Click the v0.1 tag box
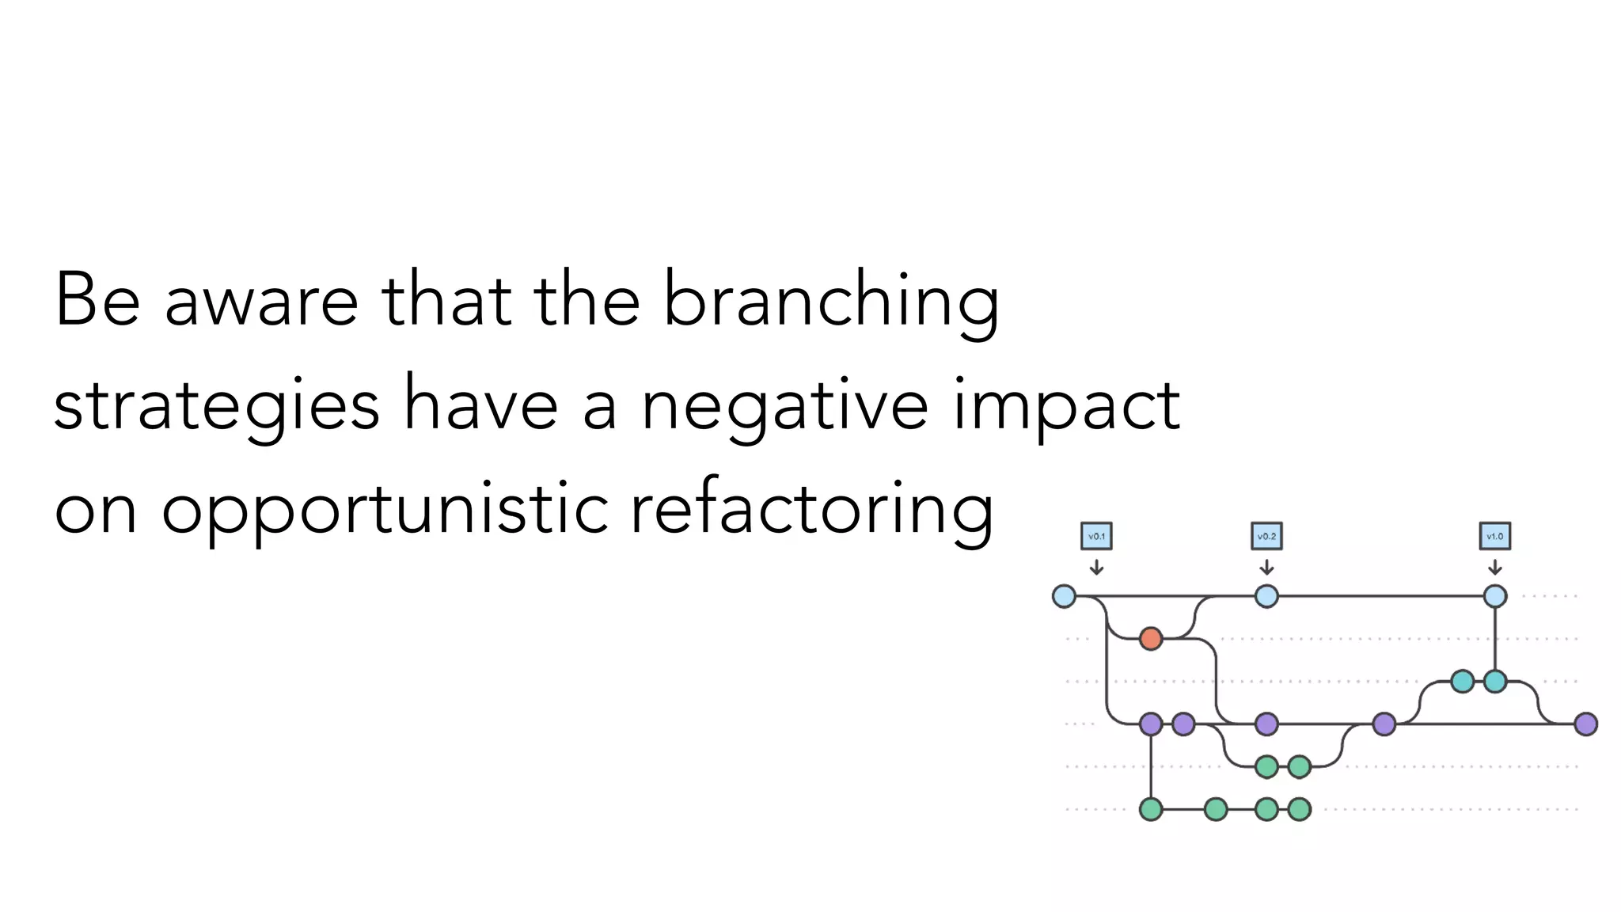(1096, 536)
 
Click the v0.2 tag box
(1266, 536)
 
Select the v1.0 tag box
(1494, 536)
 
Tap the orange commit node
(1151, 638)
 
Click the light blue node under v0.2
(1266, 596)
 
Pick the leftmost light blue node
(1064, 596)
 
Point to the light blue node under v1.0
(1494, 596)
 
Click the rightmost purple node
(1585, 724)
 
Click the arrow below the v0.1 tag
(1096, 568)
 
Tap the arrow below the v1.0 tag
(1494, 568)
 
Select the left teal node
(1462, 681)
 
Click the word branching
(830, 301)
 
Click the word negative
(784, 405)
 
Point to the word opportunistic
(385, 511)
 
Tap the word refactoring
(811, 511)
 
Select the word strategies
(216, 405)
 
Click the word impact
(1066, 405)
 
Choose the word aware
(261, 301)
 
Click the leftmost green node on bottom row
(1151, 809)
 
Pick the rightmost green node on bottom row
(1299, 809)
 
